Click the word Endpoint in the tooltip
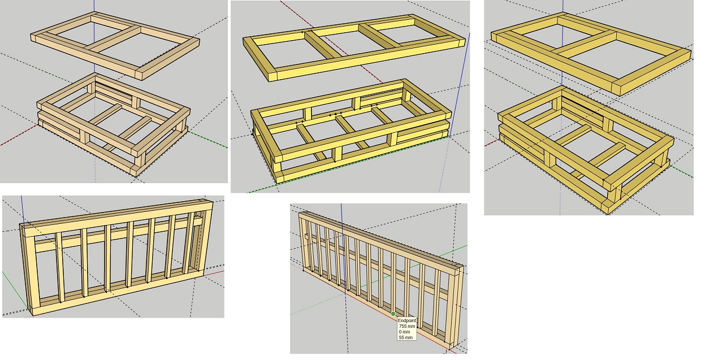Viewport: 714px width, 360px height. pos(406,320)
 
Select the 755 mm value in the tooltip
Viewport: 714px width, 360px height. pos(406,326)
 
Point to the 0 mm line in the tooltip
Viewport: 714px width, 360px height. pos(404,332)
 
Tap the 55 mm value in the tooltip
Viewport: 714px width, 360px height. pos(405,337)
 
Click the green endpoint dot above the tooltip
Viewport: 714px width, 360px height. pos(393,314)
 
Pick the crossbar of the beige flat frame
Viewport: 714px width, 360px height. pos(114,40)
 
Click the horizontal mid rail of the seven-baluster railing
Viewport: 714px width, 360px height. pos(118,234)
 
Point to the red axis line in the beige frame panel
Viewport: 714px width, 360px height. pos(19,135)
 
